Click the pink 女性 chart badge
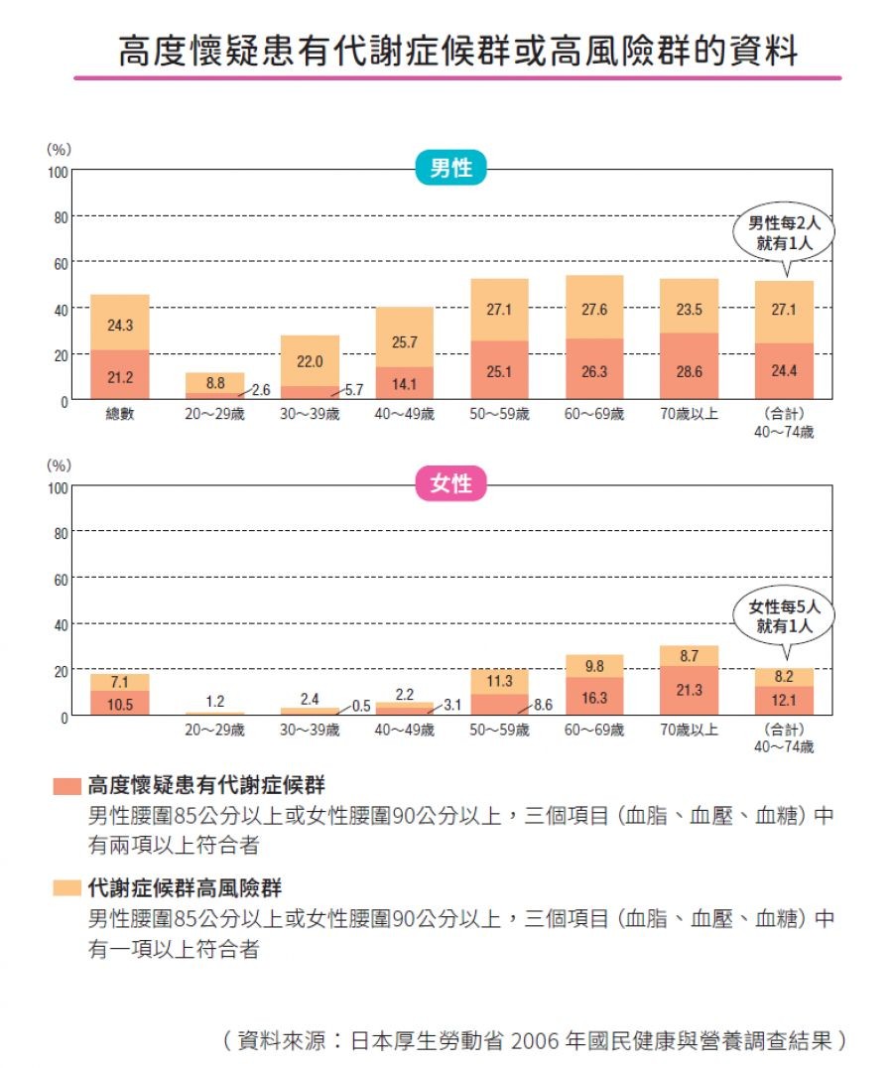[x=450, y=484]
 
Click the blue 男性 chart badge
[x=450, y=169]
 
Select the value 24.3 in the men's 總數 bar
[x=119, y=324]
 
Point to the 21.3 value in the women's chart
[x=690, y=690]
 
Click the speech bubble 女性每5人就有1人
[x=784, y=617]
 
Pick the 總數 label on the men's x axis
[x=119, y=415]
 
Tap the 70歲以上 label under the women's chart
[x=690, y=731]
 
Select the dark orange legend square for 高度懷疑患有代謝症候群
[x=66, y=787]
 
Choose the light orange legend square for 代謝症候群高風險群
[x=66, y=887]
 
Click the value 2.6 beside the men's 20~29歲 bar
[x=261, y=391]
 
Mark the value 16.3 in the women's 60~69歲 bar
[x=594, y=698]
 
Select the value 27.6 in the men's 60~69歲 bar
[x=594, y=310]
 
